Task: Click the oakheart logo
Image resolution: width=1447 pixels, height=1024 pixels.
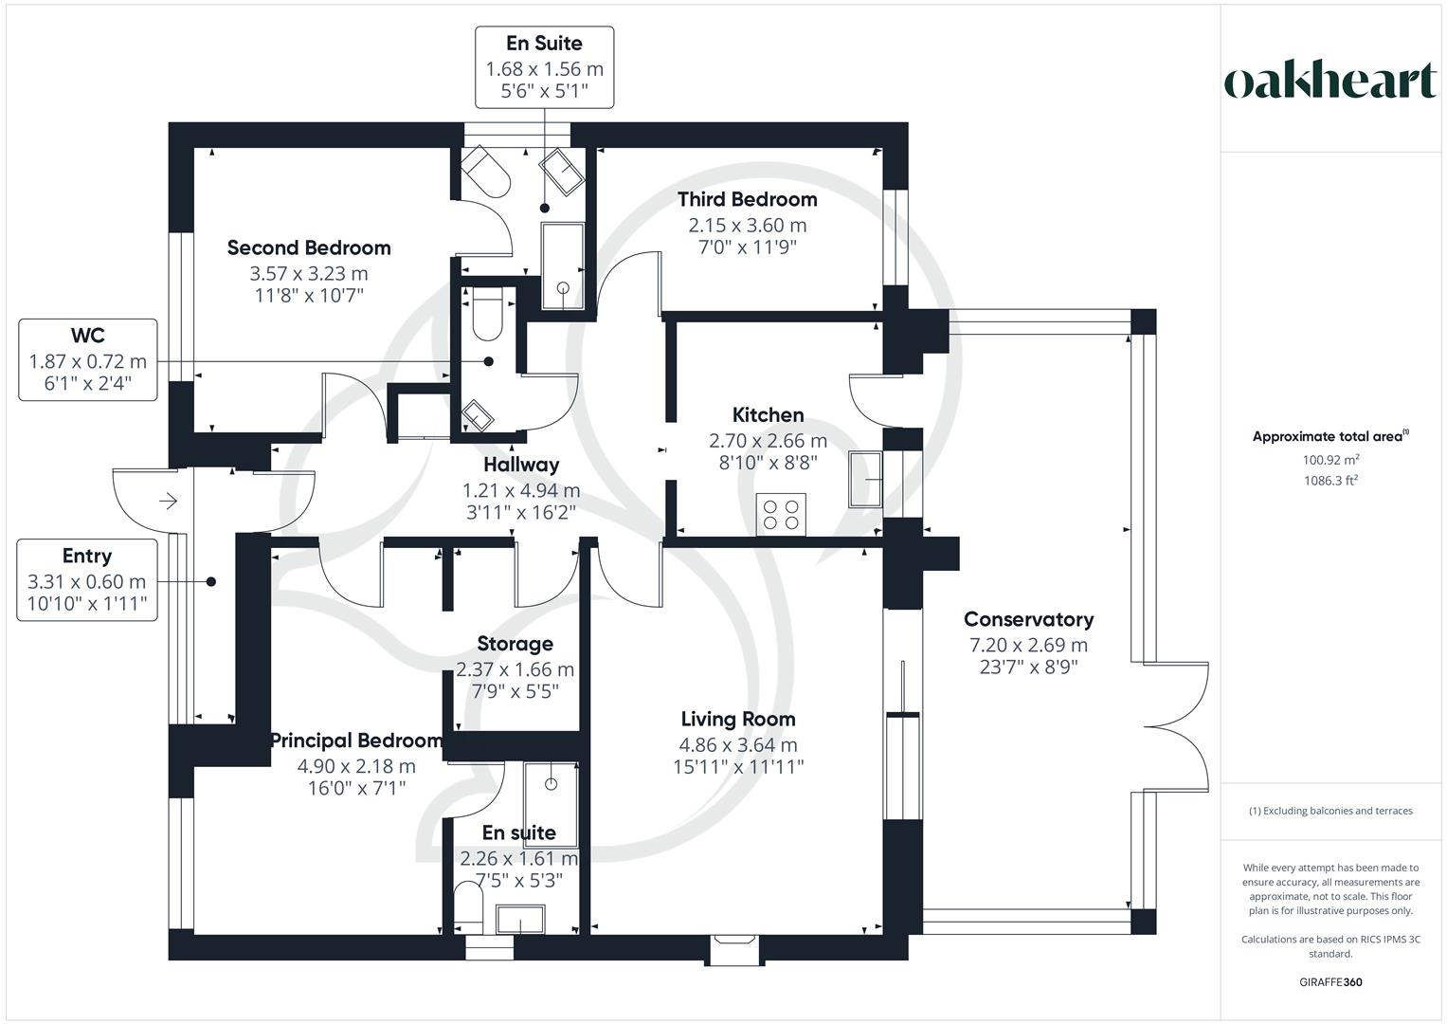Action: coord(1329,82)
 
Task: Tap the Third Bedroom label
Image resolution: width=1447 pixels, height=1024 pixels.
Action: coord(747,199)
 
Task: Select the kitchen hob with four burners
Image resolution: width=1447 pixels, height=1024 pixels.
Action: coord(781,514)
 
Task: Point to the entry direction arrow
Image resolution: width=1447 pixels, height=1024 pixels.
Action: coord(170,501)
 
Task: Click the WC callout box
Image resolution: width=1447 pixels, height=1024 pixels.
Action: coord(88,359)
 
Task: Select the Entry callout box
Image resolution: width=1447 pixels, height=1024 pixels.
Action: coord(86,580)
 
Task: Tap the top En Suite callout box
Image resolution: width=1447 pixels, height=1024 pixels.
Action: coord(544,66)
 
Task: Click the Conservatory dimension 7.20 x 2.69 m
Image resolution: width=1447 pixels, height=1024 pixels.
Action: coord(1028,645)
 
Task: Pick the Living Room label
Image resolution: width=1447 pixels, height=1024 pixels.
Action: coord(737,719)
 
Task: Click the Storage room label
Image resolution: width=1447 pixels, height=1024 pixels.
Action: coord(515,644)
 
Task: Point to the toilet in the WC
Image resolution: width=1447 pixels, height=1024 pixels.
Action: coord(488,316)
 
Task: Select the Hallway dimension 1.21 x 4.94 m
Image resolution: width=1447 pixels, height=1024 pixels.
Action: coord(520,490)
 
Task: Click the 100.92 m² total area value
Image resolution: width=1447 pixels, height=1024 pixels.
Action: coord(1330,460)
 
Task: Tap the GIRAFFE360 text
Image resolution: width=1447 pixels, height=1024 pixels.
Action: coord(1329,982)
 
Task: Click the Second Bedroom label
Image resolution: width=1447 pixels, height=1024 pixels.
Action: coord(309,247)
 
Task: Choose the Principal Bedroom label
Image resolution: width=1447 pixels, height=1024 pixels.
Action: coord(356,741)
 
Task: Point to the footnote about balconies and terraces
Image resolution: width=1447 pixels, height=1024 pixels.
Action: coord(1329,811)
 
